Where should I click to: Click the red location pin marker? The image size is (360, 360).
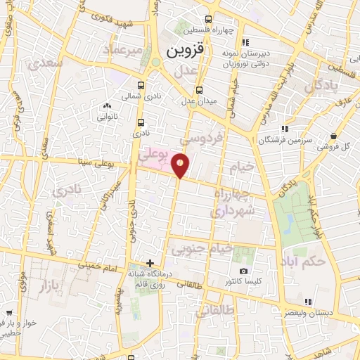181,165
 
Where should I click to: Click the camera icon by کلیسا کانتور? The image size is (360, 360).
243,271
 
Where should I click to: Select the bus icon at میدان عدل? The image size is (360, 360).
200,89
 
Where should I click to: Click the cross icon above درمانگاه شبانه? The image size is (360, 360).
149,263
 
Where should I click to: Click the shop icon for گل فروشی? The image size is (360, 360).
334,136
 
